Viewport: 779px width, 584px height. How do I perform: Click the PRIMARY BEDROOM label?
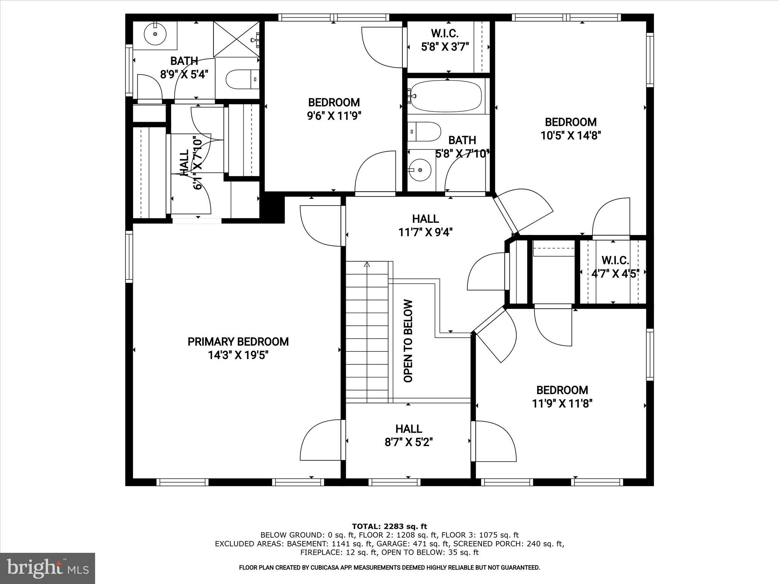coord(238,342)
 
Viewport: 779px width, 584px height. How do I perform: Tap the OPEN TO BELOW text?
coord(408,341)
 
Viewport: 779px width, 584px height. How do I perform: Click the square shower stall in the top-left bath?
coord(236,39)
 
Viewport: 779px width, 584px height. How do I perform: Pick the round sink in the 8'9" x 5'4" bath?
coord(156,34)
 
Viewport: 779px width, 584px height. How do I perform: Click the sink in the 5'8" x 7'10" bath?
coord(420,170)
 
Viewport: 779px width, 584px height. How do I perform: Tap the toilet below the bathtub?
coord(424,132)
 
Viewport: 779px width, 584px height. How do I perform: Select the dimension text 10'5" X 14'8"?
coord(571,136)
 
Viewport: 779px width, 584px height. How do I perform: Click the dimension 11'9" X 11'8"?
coord(562,403)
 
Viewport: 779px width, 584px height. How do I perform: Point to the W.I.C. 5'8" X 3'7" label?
coord(445,40)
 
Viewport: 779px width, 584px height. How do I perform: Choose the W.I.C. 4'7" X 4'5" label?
coord(615,267)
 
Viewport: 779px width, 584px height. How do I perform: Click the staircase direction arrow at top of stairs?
coord(367,264)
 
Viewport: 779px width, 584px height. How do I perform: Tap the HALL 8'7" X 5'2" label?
coord(409,435)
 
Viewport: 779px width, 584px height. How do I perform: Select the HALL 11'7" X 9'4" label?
coord(425,225)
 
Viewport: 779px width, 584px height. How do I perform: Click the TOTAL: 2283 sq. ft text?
coord(389,527)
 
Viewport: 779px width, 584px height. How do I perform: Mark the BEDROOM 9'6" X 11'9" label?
coord(334,109)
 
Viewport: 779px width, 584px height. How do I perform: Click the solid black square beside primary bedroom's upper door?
coord(274,209)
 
